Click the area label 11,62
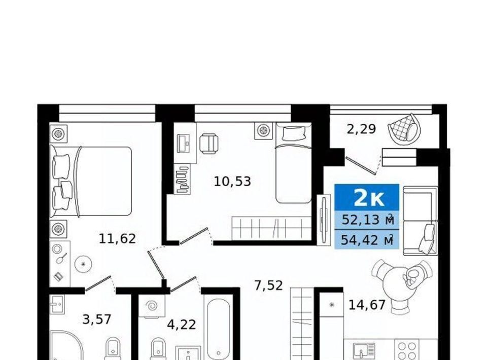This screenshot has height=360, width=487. [117, 239]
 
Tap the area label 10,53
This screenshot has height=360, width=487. [232, 181]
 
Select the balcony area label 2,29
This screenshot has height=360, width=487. [361, 129]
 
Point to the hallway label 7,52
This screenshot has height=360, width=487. [269, 285]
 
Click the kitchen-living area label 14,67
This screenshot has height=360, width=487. [367, 305]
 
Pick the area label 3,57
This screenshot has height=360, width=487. [96, 319]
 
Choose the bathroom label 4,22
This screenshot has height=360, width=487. [182, 325]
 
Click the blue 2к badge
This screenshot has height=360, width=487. [367, 197]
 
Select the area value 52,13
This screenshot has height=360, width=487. [361, 220]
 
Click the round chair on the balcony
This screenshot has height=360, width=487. [404, 129]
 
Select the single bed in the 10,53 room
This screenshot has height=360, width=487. [294, 163]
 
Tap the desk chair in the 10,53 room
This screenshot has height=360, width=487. [208, 144]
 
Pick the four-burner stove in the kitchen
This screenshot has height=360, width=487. [407, 350]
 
